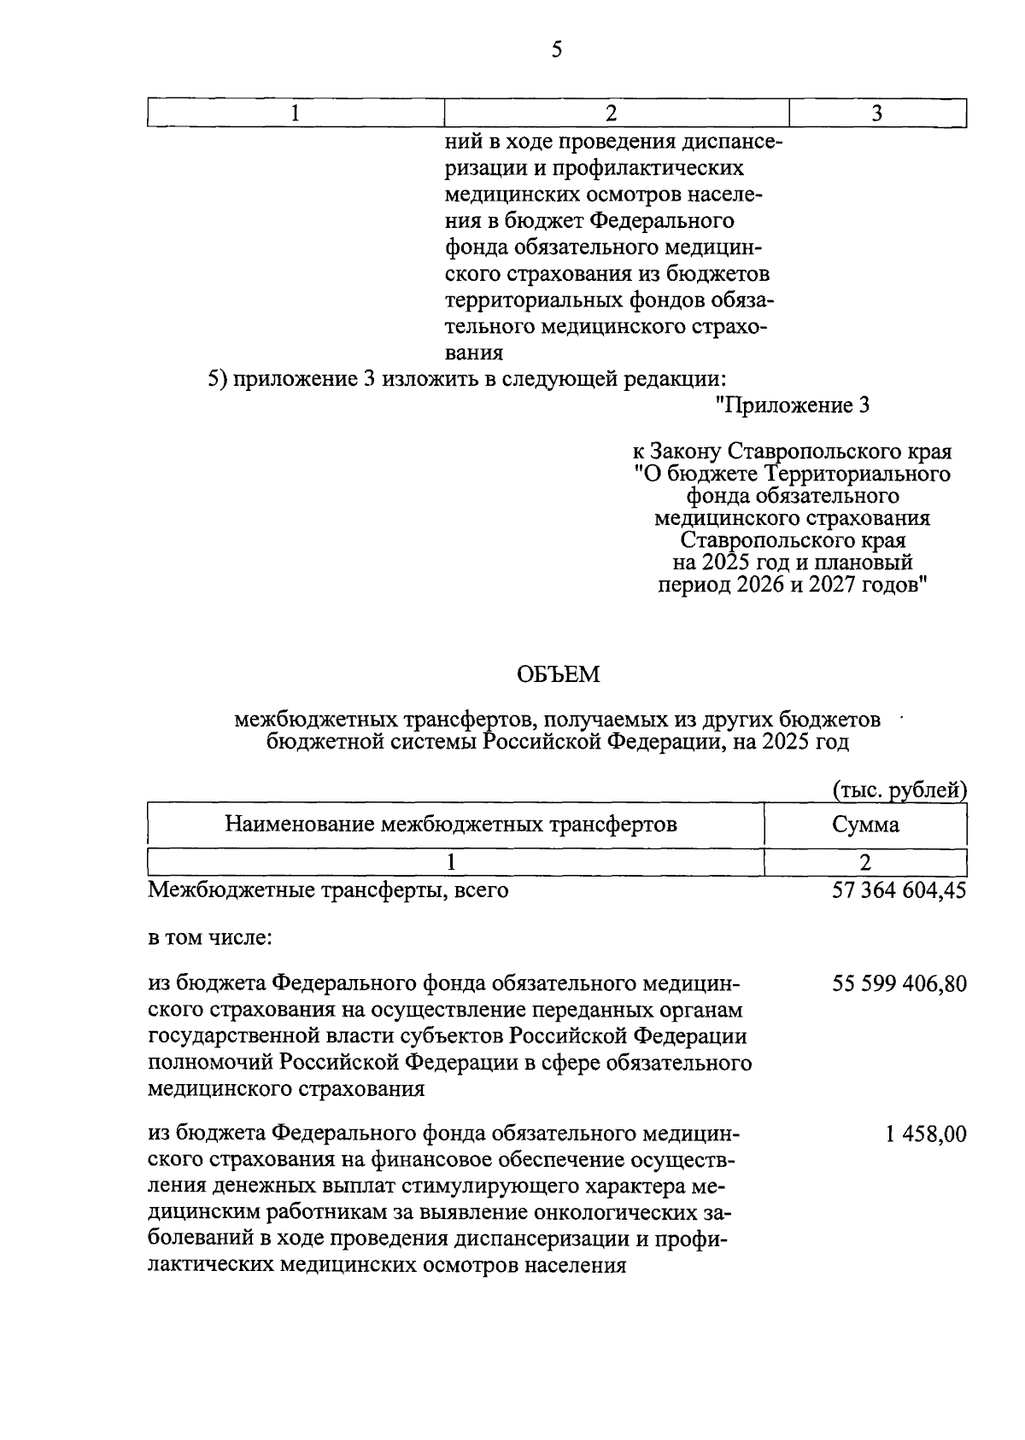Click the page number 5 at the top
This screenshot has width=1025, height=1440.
pyautogui.click(x=557, y=50)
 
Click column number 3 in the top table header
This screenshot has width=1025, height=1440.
pyautogui.click(x=876, y=114)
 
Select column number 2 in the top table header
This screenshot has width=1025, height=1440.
pyautogui.click(x=611, y=114)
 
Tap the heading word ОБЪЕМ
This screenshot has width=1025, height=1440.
pyautogui.click(x=559, y=675)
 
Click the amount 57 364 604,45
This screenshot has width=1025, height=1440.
pyautogui.click(x=899, y=890)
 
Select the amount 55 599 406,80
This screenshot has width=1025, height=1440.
pyautogui.click(x=899, y=984)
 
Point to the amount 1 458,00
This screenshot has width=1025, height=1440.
pyautogui.click(x=927, y=1134)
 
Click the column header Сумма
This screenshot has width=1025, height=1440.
pyautogui.click(x=865, y=825)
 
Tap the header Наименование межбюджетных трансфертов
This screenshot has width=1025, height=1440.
pyautogui.click(x=451, y=825)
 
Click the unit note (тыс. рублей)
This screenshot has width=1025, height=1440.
pyautogui.click(x=899, y=790)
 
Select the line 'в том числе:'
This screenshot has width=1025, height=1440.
pyautogui.click(x=210, y=938)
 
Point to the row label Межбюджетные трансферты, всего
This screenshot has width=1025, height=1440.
pyautogui.click(x=328, y=890)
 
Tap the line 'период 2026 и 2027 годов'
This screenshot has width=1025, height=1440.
pyautogui.click(x=792, y=586)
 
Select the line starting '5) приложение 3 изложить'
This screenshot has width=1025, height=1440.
pyautogui.click(x=467, y=379)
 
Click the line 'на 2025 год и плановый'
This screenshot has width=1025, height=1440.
pyautogui.click(x=792, y=563)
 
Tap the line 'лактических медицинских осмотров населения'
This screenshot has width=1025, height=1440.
pyautogui.click(x=387, y=1265)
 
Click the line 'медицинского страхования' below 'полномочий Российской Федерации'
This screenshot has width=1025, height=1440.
pyautogui.click(x=286, y=1090)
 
